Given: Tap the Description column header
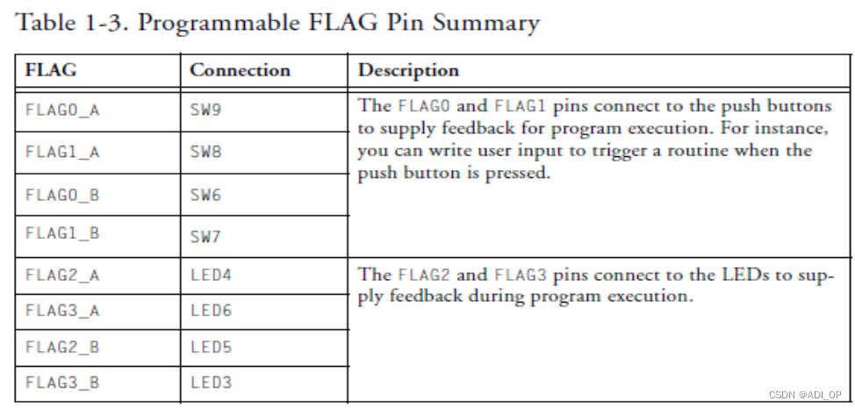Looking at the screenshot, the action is [x=408, y=70].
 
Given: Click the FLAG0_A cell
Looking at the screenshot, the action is [x=62, y=111].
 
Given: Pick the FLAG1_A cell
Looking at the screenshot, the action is [x=62, y=153].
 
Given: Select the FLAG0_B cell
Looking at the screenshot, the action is [x=62, y=195].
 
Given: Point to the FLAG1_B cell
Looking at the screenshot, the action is [x=62, y=233].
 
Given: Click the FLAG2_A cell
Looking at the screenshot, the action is [x=62, y=276].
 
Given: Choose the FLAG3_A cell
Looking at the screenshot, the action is [x=62, y=311].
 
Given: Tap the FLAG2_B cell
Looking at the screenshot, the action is [x=62, y=347].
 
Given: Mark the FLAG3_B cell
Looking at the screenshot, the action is [x=62, y=383].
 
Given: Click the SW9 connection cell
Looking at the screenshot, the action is [x=205, y=111].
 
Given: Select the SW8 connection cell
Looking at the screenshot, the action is [x=205, y=153].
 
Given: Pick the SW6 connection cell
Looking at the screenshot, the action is [x=205, y=195].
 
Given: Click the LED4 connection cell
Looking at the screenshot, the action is [x=211, y=276].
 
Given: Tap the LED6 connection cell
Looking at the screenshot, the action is [x=211, y=311].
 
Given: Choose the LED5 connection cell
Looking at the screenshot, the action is [x=211, y=347].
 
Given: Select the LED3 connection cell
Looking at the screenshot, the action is [x=211, y=383].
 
